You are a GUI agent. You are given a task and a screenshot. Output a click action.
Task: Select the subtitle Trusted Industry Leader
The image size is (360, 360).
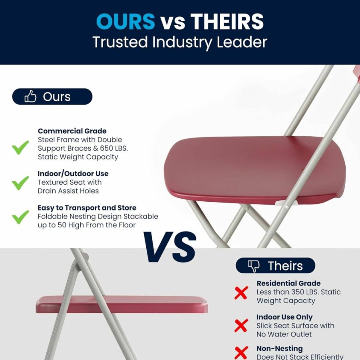180,42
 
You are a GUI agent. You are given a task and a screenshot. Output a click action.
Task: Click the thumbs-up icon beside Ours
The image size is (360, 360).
30,96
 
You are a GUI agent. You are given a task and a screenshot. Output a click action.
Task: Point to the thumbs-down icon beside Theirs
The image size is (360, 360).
254,266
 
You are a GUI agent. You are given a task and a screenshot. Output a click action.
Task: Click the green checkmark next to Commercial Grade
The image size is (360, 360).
20,147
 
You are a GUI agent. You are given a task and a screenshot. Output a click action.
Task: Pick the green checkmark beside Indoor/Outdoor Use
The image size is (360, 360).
20,183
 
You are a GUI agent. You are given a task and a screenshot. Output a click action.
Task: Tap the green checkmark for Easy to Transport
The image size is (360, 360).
20,217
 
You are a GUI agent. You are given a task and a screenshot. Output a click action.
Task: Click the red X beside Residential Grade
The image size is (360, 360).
241,293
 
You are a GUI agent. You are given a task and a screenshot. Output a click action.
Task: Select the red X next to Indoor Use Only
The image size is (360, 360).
241,325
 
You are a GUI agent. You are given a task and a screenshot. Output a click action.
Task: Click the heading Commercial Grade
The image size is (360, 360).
72,131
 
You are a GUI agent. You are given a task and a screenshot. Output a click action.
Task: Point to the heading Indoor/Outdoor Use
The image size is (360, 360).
73,173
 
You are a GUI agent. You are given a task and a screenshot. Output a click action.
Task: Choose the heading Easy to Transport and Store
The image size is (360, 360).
87,208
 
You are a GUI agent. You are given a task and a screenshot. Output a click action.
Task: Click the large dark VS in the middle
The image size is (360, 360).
170,247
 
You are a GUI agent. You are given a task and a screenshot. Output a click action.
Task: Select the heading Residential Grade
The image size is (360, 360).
288,283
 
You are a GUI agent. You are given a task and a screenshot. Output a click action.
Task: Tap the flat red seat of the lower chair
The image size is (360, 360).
122,304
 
